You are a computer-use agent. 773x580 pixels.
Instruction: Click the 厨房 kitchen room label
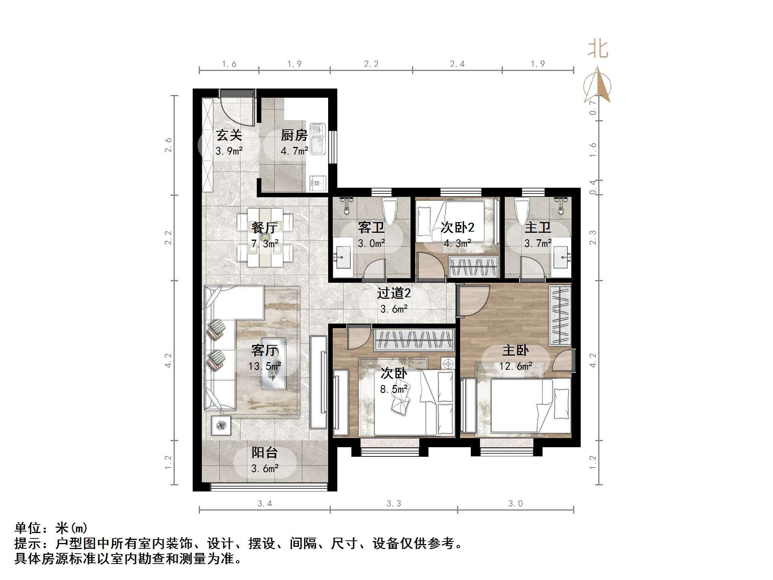[x=294, y=135]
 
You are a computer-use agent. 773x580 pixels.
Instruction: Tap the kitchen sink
[x=317, y=139]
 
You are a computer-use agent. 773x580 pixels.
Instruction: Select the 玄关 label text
[x=229, y=135]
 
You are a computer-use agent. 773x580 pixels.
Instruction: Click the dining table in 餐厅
[x=265, y=237]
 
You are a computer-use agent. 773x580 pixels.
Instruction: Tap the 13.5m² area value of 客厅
[x=265, y=366]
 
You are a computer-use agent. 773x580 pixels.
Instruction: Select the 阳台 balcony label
[x=264, y=453]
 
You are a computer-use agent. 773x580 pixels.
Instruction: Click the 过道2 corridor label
[x=394, y=293]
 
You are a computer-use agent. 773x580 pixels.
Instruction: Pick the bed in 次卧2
[x=450, y=221]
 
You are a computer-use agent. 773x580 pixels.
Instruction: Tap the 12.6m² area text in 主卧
[x=515, y=366]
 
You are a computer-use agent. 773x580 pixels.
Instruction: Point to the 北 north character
[x=597, y=50]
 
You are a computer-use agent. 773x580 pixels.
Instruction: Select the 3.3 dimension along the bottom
[x=393, y=504]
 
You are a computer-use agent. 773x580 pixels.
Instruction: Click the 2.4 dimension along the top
[x=457, y=64]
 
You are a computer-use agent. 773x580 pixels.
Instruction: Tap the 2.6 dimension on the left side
[x=168, y=145]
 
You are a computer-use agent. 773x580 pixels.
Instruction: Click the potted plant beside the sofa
[x=221, y=425]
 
